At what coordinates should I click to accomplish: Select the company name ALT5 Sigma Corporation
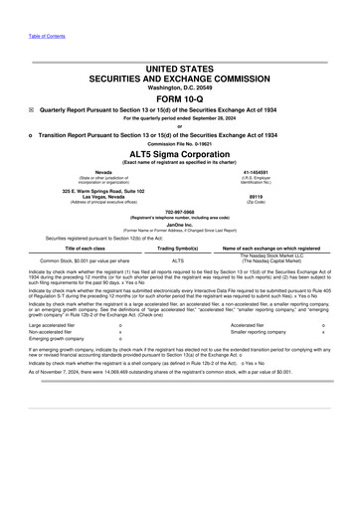(x=179, y=154)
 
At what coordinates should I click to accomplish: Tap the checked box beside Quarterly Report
(x=33, y=111)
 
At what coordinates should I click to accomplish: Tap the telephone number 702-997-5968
(x=179, y=211)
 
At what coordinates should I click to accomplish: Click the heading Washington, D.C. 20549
(x=179, y=87)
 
